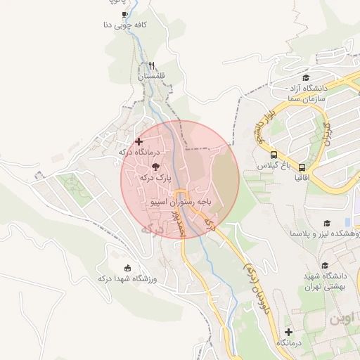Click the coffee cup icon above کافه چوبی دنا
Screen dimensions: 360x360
[125, 14]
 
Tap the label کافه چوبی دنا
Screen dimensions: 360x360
[125, 25]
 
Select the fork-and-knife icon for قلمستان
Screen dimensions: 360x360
[150, 65]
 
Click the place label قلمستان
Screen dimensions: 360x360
[150, 75]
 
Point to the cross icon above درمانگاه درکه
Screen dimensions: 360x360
[139, 141]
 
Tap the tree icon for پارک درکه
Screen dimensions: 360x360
[155, 167]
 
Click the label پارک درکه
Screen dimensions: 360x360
[155, 178]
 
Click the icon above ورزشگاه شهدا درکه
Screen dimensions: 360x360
[127, 267]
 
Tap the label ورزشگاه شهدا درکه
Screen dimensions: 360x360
[127, 278]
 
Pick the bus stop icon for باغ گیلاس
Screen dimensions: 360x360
[273, 155]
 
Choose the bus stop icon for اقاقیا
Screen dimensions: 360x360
[302, 167]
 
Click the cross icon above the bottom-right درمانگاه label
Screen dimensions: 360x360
[288, 331]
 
